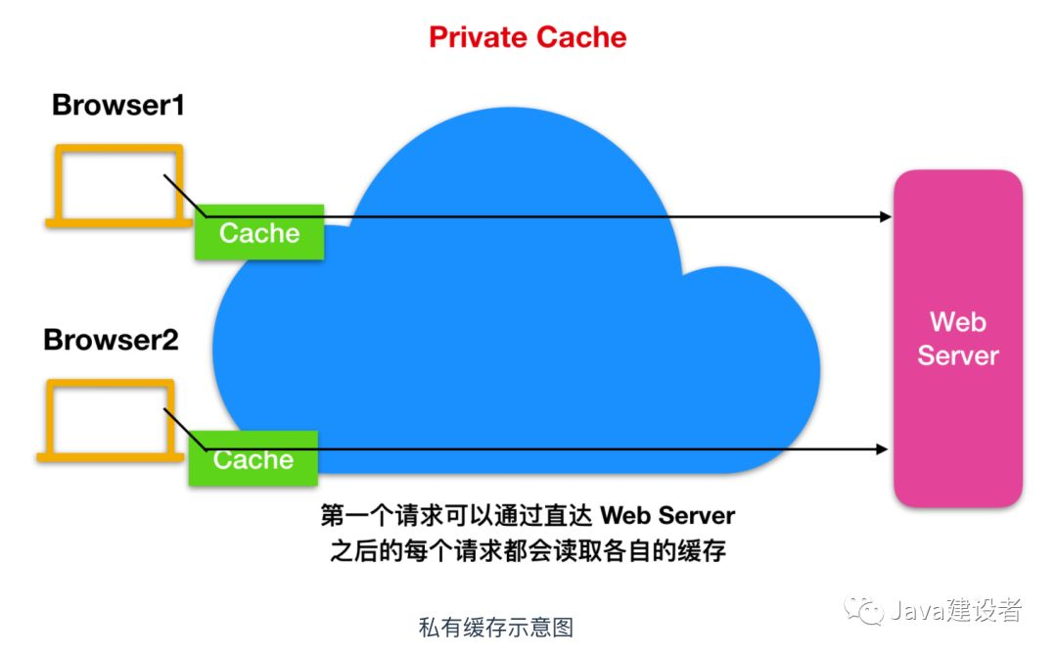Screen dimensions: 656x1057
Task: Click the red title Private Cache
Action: click(x=528, y=37)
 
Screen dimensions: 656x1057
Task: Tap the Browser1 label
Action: click(x=118, y=106)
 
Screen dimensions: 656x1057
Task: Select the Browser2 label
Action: click(x=111, y=341)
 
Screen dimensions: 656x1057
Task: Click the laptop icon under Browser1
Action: click(x=118, y=186)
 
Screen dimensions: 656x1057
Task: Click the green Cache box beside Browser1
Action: click(x=259, y=232)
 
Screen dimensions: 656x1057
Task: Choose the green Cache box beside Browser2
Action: click(x=253, y=458)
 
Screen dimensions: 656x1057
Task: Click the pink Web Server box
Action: click(x=957, y=338)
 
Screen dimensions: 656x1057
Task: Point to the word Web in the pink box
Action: click(x=957, y=321)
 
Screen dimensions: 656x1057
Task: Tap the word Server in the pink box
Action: click(x=957, y=354)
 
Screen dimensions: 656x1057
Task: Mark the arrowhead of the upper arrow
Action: click(x=886, y=216)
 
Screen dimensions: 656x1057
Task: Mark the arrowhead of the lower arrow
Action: click(x=882, y=449)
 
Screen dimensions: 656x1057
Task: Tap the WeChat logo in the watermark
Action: click(x=865, y=610)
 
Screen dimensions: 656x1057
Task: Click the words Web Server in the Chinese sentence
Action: click(x=666, y=515)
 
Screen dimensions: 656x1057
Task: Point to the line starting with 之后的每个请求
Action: click(x=528, y=551)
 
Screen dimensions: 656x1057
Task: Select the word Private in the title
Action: click(x=475, y=37)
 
